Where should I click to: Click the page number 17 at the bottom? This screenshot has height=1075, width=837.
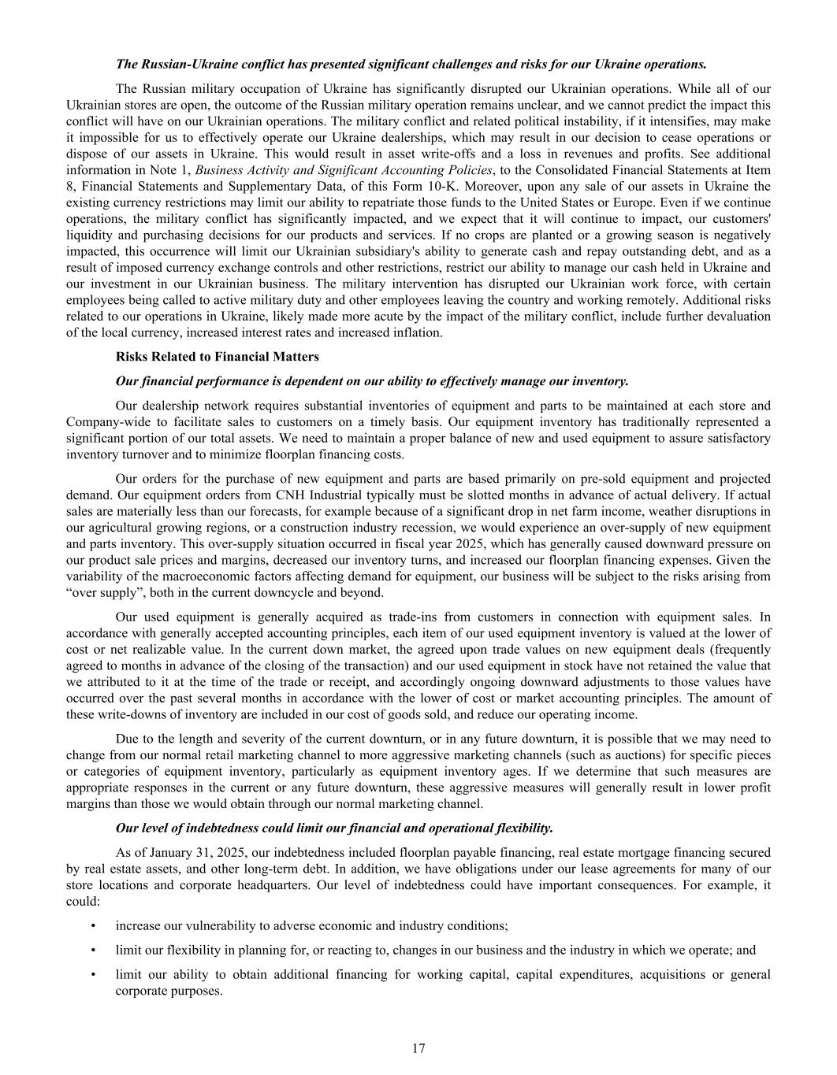click(x=418, y=1048)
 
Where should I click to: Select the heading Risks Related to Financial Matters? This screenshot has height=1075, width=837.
click(x=217, y=357)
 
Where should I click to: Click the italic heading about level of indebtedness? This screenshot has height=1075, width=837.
click(x=334, y=828)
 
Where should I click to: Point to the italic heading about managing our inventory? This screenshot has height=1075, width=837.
click(x=372, y=381)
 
